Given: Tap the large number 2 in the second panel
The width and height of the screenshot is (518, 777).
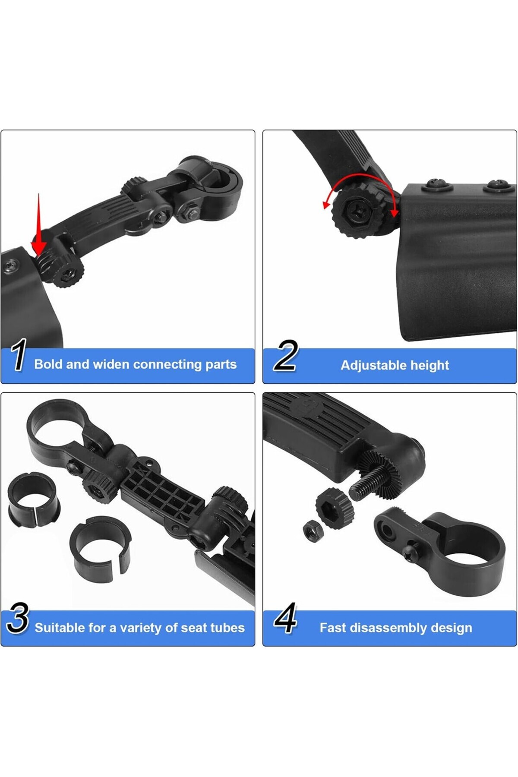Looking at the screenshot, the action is tap(286, 355).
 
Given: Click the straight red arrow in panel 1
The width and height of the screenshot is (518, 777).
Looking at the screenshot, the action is tap(39, 224).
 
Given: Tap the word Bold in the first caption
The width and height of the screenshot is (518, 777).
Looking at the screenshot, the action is tap(48, 364).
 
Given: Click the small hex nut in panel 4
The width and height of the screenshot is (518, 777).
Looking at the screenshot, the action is tap(312, 531).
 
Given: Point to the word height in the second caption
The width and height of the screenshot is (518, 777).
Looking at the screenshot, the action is tap(430, 366).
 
